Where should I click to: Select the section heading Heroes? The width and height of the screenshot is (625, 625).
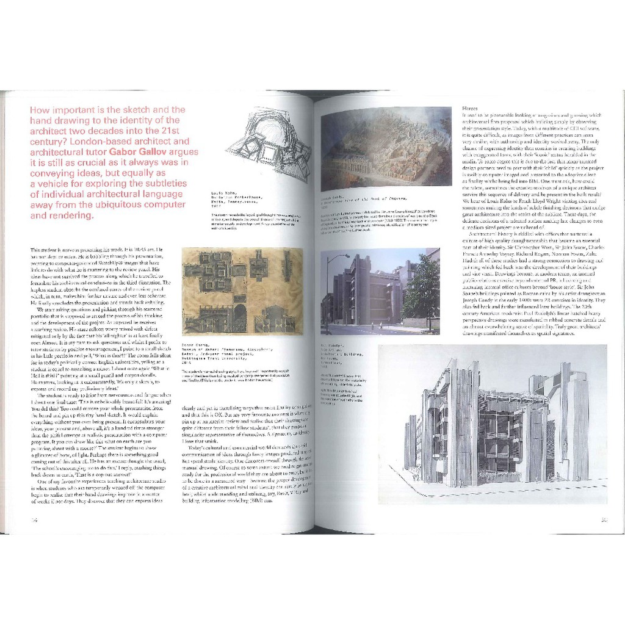click(x=470, y=108)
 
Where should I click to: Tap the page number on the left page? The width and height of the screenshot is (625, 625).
click(x=35, y=520)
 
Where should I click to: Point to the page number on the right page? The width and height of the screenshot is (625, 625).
click(x=603, y=520)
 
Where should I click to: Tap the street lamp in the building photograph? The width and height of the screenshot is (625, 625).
click(x=330, y=287)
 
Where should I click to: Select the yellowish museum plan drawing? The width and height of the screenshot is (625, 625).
click(x=242, y=290)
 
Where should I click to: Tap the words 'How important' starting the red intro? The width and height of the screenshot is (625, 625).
click(x=58, y=110)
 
